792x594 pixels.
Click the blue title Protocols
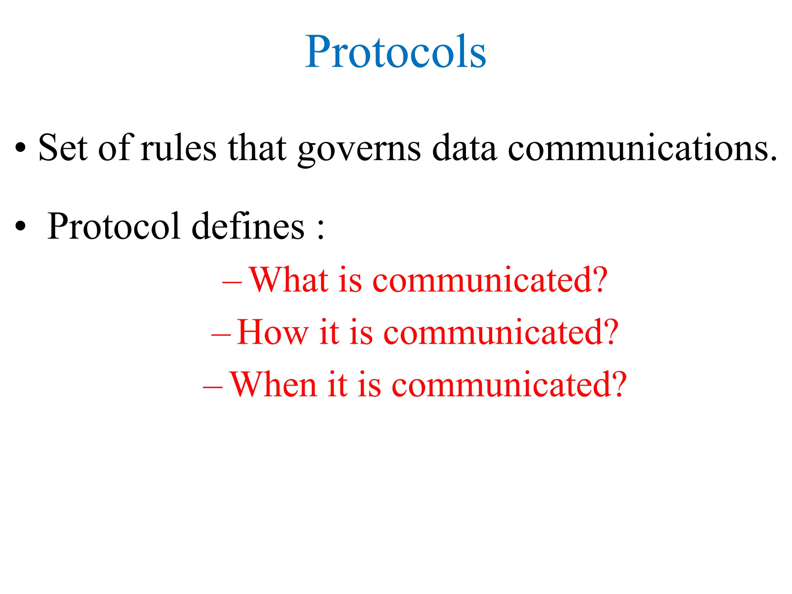(395, 52)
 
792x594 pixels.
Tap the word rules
(178, 148)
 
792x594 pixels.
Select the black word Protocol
(114, 227)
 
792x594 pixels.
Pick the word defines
(248, 227)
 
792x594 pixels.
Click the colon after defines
(320, 230)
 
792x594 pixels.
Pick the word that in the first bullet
(257, 148)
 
